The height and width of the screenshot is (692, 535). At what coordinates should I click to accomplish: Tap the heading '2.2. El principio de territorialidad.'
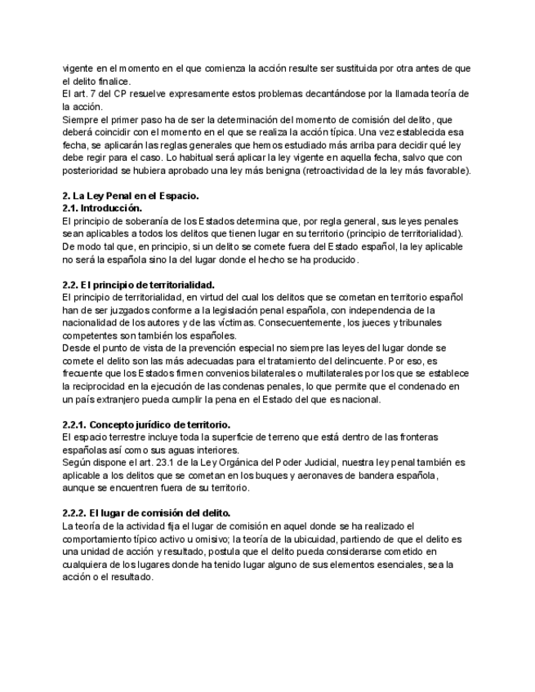(138, 284)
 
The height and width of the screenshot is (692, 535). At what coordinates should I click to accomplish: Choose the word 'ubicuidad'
(331, 539)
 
